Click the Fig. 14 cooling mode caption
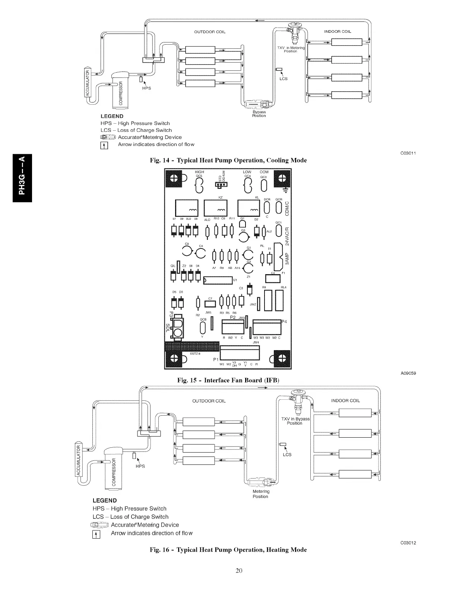pyautogui.click(x=228, y=161)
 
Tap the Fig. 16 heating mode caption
pyautogui.click(x=228, y=550)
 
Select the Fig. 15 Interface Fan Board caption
pyautogui.click(x=228, y=380)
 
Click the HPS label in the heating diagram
pyautogui.click(x=140, y=466)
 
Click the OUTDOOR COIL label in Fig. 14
pyautogui.click(x=210, y=32)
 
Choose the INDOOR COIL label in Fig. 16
pyautogui.click(x=345, y=401)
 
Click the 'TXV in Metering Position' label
pyautogui.click(x=291, y=50)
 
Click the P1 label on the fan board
pyautogui.click(x=215, y=359)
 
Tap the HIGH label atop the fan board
pyautogui.click(x=199, y=172)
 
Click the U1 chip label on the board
pyautogui.click(x=235, y=280)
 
